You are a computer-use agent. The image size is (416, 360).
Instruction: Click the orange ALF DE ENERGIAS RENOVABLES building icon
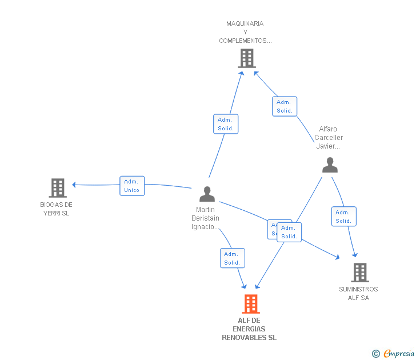tap(250, 304)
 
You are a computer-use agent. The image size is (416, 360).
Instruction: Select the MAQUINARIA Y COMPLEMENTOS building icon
tap(246, 58)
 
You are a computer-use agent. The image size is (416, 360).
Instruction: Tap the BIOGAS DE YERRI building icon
tap(57, 187)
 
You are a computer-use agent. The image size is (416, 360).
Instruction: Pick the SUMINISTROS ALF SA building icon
tap(359, 273)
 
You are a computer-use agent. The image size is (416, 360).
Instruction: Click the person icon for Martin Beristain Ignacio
tap(207, 194)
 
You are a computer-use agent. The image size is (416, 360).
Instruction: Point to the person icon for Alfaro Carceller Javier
tap(330, 165)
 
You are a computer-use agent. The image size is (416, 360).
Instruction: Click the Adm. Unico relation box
tap(132, 186)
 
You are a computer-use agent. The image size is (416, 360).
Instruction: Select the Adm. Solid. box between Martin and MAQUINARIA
tap(226, 124)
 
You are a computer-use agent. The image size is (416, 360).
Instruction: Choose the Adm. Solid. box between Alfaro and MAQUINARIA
tap(285, 106)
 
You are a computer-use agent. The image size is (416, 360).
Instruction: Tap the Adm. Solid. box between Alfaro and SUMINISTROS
tap(343, 217)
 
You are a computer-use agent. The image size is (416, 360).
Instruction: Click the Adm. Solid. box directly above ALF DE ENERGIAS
tap(232, 258)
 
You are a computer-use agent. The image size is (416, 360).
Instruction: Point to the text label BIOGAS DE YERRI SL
tap(56, 209)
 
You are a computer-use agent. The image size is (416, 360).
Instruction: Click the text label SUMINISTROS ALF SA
tap(358, 293)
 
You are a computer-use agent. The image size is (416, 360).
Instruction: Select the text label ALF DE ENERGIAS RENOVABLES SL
tap(249, 329)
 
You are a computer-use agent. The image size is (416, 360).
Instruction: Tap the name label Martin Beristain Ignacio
tap(205, 218)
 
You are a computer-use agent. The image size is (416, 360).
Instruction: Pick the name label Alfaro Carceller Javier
tap(329, 138)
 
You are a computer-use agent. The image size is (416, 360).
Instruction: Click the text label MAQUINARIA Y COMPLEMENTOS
tap(245, 32)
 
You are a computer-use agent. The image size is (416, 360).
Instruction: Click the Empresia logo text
tap(399, 353)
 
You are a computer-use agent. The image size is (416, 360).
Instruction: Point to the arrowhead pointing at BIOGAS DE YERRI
tap(74, 185)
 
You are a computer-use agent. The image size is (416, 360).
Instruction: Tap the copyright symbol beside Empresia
tap(376, 354)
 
